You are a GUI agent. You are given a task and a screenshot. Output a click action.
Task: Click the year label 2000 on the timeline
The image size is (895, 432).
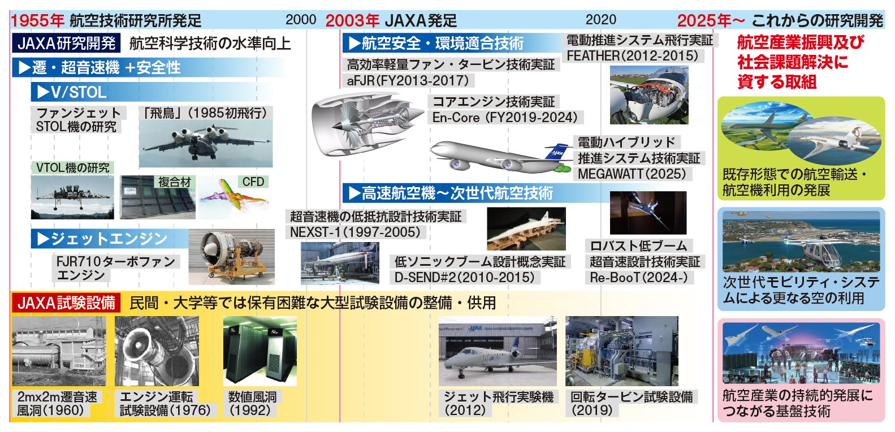pyautogui.click(x=300, y=20)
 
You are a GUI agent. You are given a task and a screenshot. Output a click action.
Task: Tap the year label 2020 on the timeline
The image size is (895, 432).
pyautogui.click(x=600, y=20)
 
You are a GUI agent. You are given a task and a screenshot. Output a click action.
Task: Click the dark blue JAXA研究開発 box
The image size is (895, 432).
pyautogui.click(x=66, y=44)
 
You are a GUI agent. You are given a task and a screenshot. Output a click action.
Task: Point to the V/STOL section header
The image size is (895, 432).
pyautogui.click(x=71, y=92)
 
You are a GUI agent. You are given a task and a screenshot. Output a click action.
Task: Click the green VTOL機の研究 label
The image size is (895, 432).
pyautogui.click(x=73, y=168)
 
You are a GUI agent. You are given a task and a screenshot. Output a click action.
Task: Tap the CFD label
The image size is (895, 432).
pyautogui.click(x=253, y=182)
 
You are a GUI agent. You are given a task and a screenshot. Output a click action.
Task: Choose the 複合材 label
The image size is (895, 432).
pyautogui.click(x=175, y=182)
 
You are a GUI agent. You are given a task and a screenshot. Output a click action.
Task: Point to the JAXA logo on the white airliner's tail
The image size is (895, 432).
pyautogui.click(x=557, y=153)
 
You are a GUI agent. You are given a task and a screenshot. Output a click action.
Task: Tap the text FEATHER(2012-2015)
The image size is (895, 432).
pyautogui.click(x=633, y=56)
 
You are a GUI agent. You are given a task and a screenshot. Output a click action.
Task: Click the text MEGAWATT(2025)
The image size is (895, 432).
pyautogui.click(x=632, y=174)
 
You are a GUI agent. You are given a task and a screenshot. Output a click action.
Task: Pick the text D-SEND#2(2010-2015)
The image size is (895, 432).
pyautogui.click(x=465, y=277)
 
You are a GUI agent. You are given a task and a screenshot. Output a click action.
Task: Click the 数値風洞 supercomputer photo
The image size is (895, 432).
pyautogui.click(x=260, y=351)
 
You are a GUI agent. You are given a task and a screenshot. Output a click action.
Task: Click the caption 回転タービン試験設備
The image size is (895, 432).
pyautogui.click(x=632, y=397)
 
